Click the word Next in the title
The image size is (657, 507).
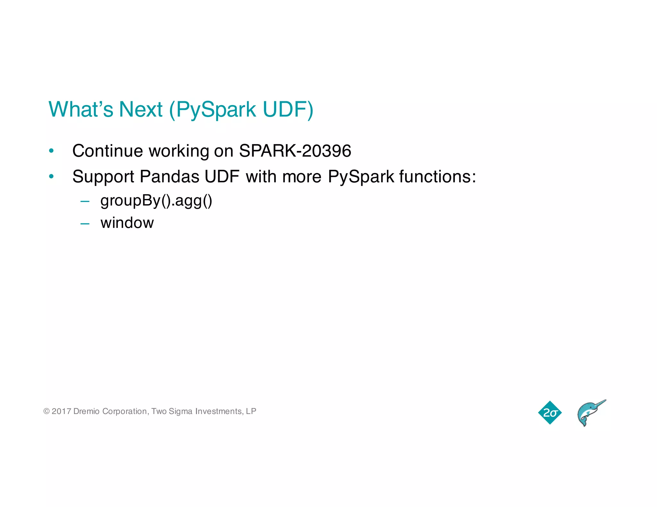tap(141, 109)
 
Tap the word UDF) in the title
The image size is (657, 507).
tap(288, 109)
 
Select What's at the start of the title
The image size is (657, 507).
tap(81, 109)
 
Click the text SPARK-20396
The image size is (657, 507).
tap(295, 151)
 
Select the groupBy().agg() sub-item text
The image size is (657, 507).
tap(156, 201)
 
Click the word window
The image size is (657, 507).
tap(127, 223)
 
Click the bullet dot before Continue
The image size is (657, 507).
tap(51, 151)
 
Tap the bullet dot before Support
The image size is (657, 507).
tap(51, 177)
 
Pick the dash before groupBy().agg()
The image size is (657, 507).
tap(85, 202)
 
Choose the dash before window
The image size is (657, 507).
tap(85, 223)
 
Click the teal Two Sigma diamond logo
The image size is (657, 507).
tap(550, 412)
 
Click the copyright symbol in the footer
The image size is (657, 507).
tap(47, 411)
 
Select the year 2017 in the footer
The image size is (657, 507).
tap(61, 411)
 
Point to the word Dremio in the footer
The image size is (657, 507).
tap(86, 411)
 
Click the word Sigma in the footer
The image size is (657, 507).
tap(180, 411)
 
